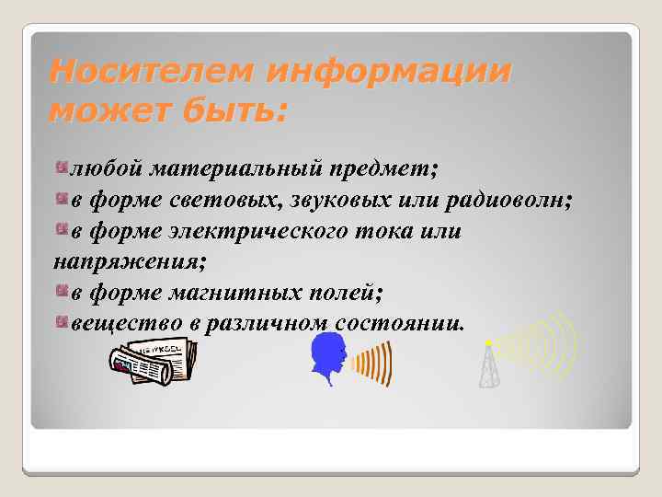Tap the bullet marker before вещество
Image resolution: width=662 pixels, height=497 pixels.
[x=62, y=321]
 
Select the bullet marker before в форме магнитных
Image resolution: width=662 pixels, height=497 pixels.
[x=62, y=291]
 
